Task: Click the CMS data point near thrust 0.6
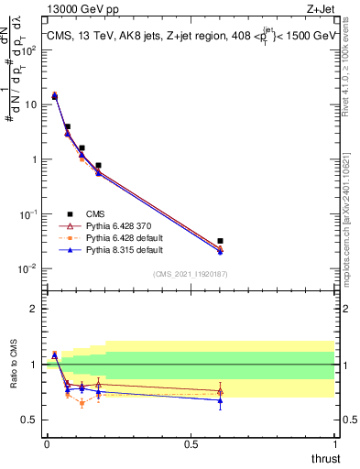click(x=221, y=241)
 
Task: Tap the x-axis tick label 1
click(x=334, y=444)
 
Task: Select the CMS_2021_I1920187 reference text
click(x=190, y=274)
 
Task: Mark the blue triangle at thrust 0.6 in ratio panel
click(x=221, y=400)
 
